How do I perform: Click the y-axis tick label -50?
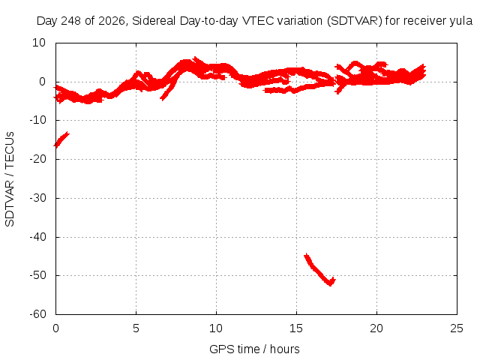click(x=37, y=275)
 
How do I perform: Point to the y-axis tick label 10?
click(x=39, y=43)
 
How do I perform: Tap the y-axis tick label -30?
click(x=37, y=198)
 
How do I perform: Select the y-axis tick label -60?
click(x=37, y=313)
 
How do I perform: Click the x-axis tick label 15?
click(x=296, y=328)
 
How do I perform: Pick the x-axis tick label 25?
click(x=457, y=328)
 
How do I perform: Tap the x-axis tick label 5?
click(x=136, y=328)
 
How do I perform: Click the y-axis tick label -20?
click(x=37, y=159)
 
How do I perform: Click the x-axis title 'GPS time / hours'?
click(x=254, y=349)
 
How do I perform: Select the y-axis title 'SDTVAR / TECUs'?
click(x=10, y=179)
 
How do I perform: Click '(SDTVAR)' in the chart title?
click(x=355, y=21)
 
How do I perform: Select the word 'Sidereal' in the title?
click(x=154, y=21)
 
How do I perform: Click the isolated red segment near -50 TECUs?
click(x=319, y=270)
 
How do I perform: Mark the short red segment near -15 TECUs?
click(x=61, y=139)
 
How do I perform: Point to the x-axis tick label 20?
click(x=376, y=328)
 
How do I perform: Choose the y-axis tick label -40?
click(x=37, y=237)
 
